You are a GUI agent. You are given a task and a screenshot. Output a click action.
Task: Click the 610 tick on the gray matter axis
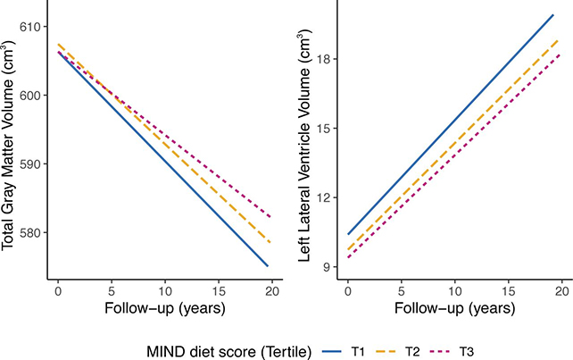pos(34,27)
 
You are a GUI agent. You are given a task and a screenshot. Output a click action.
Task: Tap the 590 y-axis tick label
pos(34,164)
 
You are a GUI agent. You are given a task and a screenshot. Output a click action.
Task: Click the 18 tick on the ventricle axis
pos(326,59)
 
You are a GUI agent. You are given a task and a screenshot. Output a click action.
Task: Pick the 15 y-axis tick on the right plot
pos(326,129)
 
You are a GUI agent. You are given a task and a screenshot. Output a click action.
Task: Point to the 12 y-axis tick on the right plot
pos(326,197)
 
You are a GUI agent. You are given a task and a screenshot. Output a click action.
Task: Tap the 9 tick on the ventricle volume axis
pos(329,267)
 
